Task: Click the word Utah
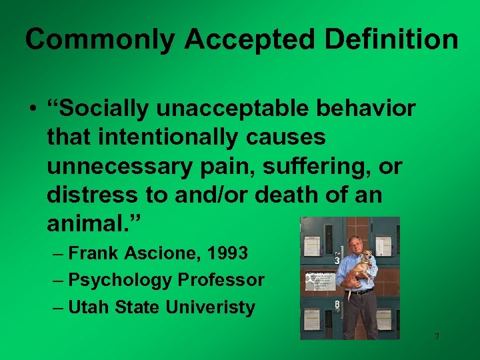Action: [89, 308]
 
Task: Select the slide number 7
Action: [437, 337]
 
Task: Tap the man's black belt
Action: [361, 291]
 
